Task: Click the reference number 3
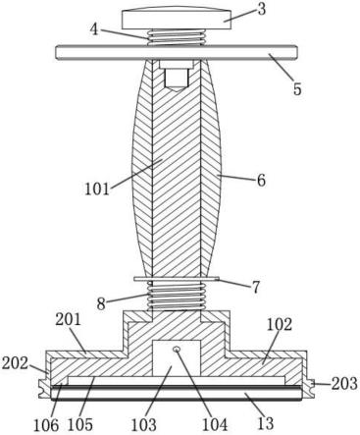coord(261,10)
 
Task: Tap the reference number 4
coord(94,29)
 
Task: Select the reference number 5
coord(296,88)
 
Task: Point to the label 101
coord(96,189)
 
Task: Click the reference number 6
coord(261,180)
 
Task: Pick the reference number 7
coord(255,287)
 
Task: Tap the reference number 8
coord(101,304)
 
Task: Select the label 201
coord(68,319)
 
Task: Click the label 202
coord(15,363)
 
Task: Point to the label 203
coord(344,383)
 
